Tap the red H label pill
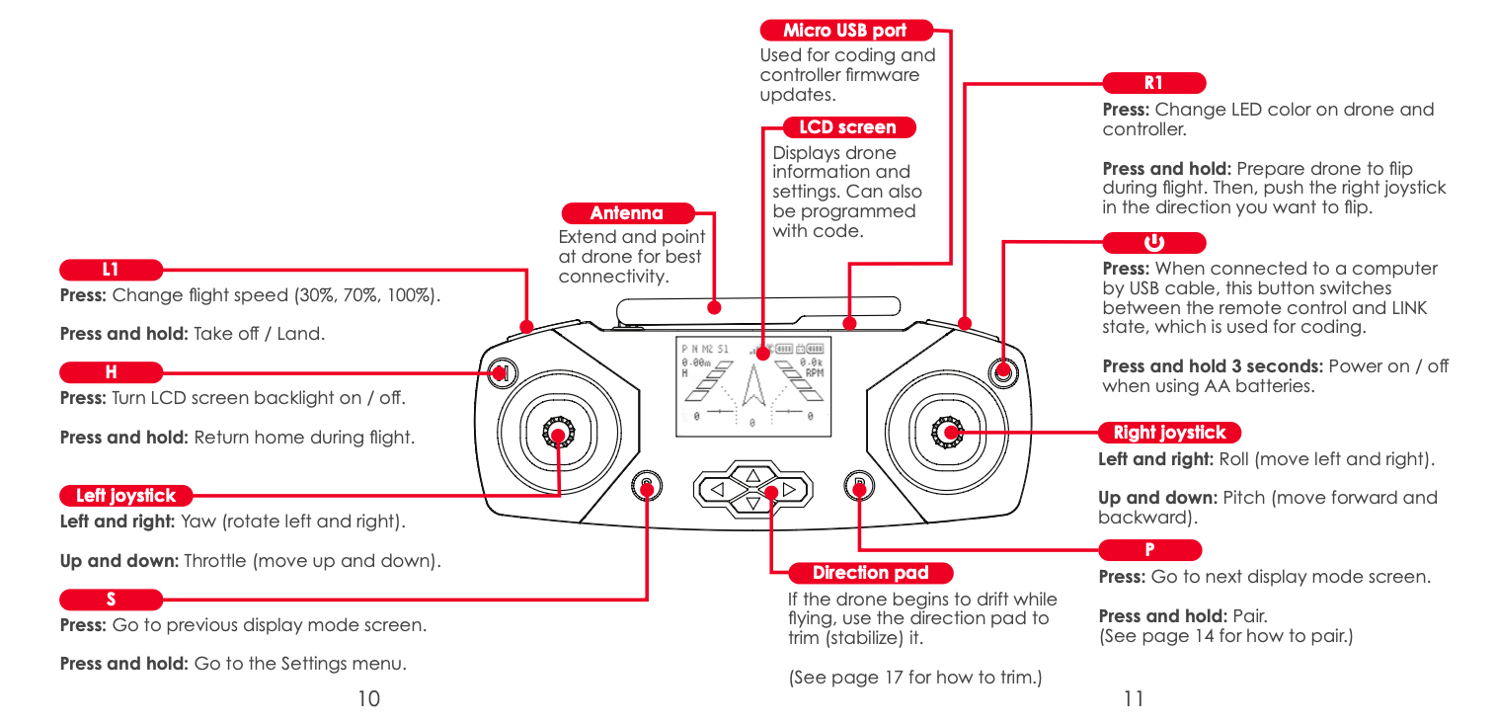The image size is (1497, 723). [111, 372]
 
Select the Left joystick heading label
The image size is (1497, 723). [125, 496]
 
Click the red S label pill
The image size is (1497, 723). [111, 599]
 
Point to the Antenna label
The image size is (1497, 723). [627, 213]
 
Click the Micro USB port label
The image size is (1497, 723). [845, 31]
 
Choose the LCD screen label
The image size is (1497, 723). [847, 127]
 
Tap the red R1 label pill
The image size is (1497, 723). [1153, 83]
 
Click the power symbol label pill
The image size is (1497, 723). [1153, 243]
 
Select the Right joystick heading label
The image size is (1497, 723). [1169, 433]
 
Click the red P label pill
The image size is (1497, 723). [1149, 550]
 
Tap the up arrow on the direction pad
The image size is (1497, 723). [752, 473]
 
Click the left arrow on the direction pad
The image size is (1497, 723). [718, 488]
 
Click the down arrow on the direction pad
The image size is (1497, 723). [752, 504]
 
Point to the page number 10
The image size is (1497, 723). [368, 699]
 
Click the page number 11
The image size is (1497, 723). [1133, 699]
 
